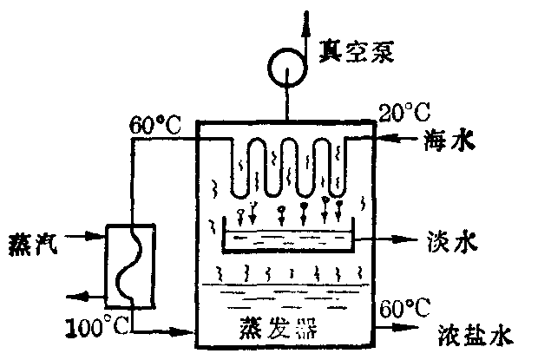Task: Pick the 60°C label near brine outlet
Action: (404, 307)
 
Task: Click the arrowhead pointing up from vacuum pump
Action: (305, 19)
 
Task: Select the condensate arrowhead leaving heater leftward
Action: (71, 296)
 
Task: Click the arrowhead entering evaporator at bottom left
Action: (187, 331)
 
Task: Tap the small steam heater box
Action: (130, 265)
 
